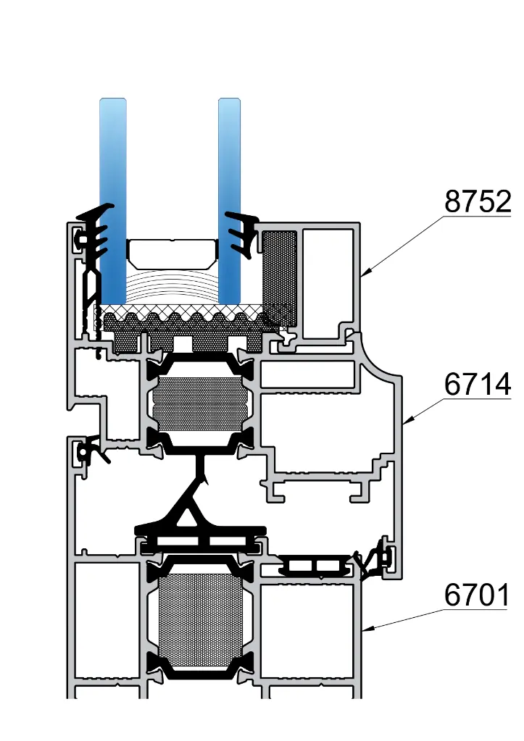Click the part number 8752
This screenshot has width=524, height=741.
click(x=478, y=202)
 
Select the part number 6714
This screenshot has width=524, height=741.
click(x=478, y=385)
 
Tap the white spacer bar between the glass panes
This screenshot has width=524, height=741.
click(x=172, y=252)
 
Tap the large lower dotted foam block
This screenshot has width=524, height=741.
click(x=201, y=619)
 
